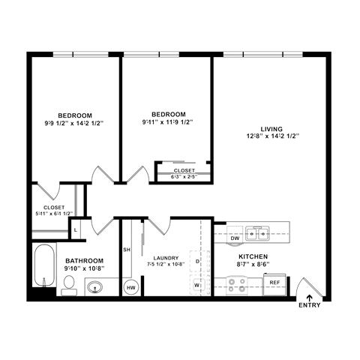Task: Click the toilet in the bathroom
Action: pos(68,283)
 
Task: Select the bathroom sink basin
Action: pos(96,286)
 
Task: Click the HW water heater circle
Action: pos(130,286)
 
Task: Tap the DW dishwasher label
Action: pos(234,238)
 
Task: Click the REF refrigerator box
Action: pos(274,283)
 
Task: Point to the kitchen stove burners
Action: pos(238,284)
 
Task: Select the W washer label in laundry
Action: pos(197,285)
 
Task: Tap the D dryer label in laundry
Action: pos(197,261)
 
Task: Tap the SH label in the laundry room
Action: pos(127,249)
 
